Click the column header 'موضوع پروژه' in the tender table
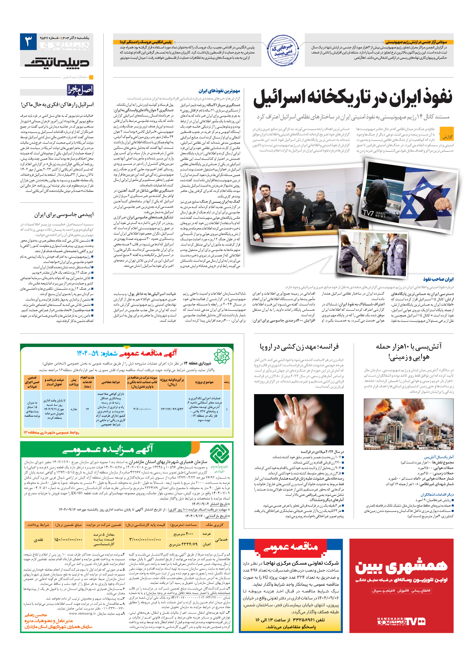(x=204, y=382)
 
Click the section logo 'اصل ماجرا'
(x=80, y=90)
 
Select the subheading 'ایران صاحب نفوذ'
(x=438, y=279)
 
